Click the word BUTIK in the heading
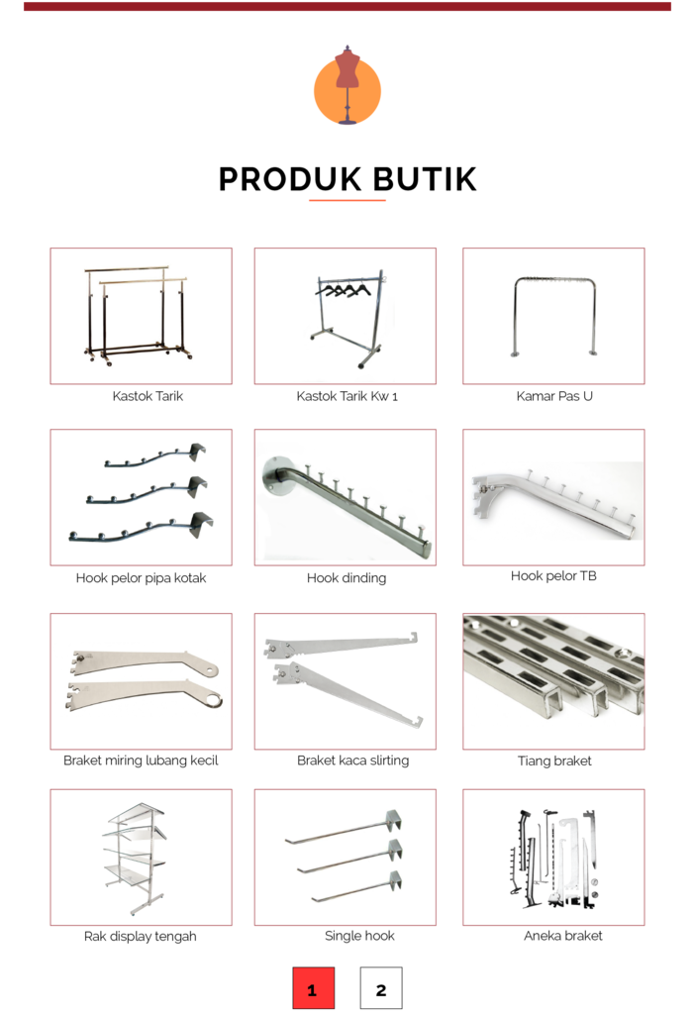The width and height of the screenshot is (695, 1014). (425, 180)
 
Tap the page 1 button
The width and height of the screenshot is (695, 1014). (314, 988)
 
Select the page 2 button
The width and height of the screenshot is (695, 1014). (381, 988)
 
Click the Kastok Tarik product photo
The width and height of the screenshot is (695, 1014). (141, 316)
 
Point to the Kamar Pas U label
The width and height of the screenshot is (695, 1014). (554, 396)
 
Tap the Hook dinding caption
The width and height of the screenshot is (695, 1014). (347, 578)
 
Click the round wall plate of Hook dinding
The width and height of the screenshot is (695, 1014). (276, 475)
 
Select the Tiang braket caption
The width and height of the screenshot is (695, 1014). (554, 760)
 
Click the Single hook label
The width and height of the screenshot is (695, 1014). (359, 935)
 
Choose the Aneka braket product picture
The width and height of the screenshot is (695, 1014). (553, 857)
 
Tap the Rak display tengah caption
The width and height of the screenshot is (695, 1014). (141, 937)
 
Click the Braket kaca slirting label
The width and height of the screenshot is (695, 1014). (353, 760)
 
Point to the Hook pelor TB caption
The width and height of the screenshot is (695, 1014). (553, 575)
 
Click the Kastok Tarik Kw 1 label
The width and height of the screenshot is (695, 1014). (347, 396)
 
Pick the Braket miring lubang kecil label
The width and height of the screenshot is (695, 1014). (141, 760)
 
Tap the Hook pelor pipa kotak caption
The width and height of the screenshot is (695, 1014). (141, 578)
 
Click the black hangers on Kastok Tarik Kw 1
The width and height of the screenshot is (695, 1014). (344, 290)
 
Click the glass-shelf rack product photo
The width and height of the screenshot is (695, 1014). (141, 857)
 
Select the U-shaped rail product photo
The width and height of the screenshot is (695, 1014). (553, 316)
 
